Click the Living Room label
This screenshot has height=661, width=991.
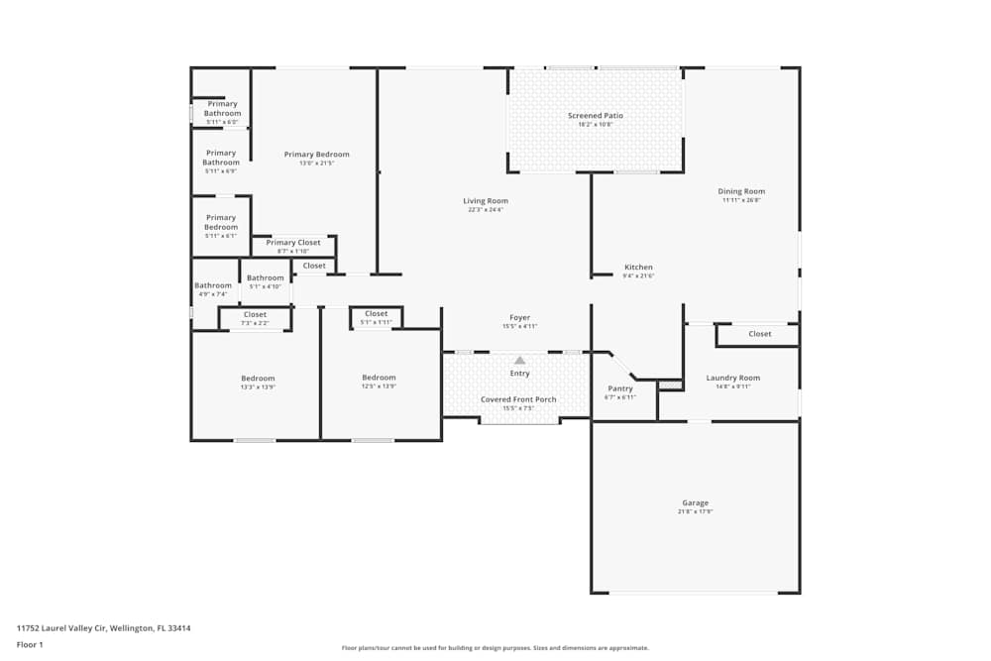[x=486, y=201]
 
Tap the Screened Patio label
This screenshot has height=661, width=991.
[x=596, y=116]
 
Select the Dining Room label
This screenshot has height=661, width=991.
[x=741, y=191]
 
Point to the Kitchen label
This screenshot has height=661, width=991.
[x=638, y=268]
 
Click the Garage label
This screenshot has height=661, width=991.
[x=695, y=503]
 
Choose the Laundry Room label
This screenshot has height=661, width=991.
[x=732, y=378]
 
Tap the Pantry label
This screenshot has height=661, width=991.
[x=620, y=388]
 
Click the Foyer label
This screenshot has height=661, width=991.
[x=519, y=317]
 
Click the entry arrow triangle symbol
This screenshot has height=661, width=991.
[x=519, y=361]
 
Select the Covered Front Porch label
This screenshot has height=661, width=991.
[x=518, y=399]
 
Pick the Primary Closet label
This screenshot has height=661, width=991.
[x=293, y=243]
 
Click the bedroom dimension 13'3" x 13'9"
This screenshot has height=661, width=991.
[x=258, y=387]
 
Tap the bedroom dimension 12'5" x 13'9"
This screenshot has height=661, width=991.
[x=379, y=387]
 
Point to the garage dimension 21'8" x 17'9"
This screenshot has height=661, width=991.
[x=695, y=512]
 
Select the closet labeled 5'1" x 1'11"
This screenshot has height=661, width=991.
[x=376, y=318]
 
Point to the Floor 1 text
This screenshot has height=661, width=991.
[x=30, y=644]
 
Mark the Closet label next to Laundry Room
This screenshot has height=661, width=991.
[x=760, y=334]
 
